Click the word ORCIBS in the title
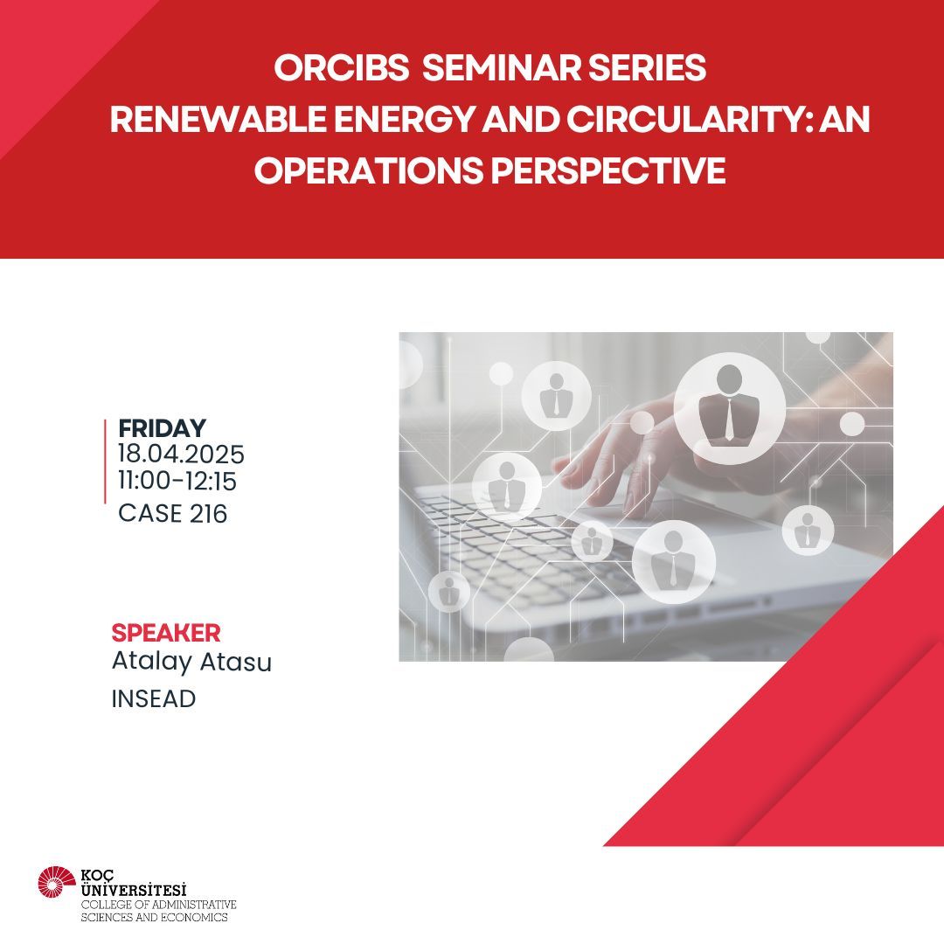point(342,67)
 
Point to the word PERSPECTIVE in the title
point(608,170)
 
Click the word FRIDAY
point(162,428)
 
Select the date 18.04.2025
point(181,455)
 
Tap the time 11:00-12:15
point(177,481)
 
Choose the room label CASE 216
point(173,514)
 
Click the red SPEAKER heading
point(166,634)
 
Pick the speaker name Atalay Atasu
point(192,662)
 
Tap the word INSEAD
point(154,699)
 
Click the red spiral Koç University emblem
point(57,883)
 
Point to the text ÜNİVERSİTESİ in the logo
point(134,890)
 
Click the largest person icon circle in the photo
point(730,408)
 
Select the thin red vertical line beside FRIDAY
point(106,462)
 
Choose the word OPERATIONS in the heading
point(369,170)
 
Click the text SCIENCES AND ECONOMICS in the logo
point(155,918)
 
